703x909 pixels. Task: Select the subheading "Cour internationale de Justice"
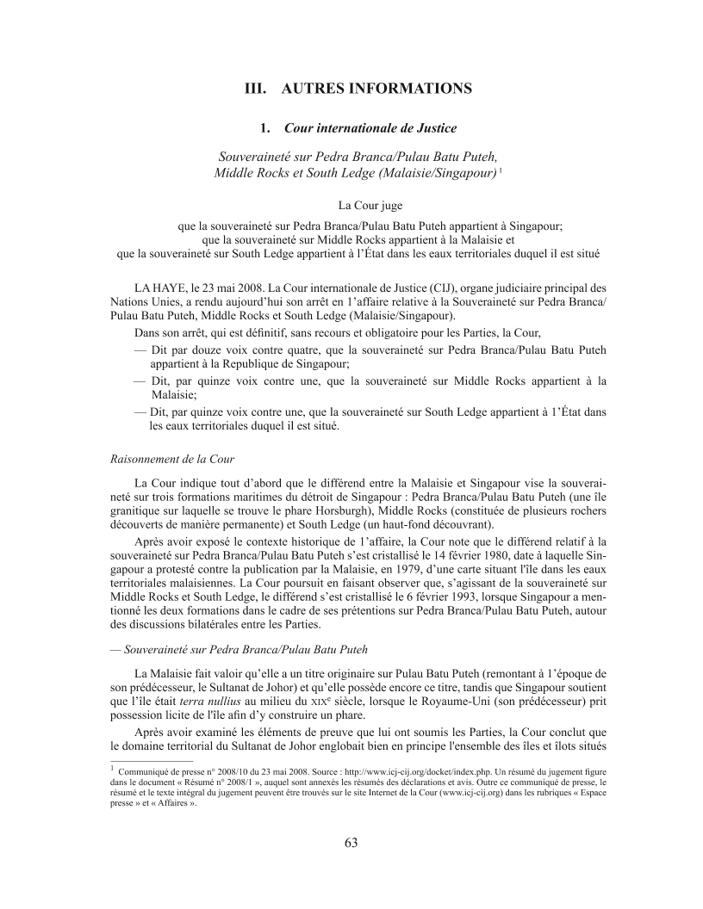click(x=370, y=128)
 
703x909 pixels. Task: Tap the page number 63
click(x=351, y=842)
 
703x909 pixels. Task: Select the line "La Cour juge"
click(x=351, y=205)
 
